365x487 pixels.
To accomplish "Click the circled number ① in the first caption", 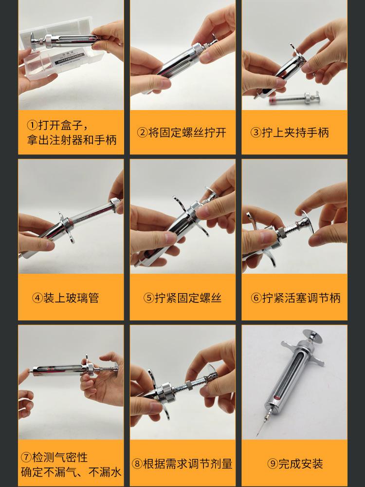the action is [x=32, y=126].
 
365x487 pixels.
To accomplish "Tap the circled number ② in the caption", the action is [x=142, y=132].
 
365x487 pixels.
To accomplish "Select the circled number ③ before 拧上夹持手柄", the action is [x=256, y=132].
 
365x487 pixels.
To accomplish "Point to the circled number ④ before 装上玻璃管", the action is [x=37, y=298].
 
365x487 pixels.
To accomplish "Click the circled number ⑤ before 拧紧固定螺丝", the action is [x=149, y=298].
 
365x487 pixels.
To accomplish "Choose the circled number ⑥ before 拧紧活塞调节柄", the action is [x=256, y=298].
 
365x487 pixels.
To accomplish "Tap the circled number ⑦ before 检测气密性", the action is [x=26, y=457].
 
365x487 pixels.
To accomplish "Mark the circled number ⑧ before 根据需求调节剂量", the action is [x=137, y=464].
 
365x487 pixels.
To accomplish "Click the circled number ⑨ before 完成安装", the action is [x=273, y=464].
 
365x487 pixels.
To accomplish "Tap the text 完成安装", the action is [x=301, y=464].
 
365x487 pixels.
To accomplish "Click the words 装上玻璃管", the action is [x=71, y=298].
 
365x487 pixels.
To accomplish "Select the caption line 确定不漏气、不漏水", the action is [x=71, y=472].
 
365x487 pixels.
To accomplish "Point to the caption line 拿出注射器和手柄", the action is [x=72, y=140].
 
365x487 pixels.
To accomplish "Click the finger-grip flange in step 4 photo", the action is [x=67, y=227].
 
